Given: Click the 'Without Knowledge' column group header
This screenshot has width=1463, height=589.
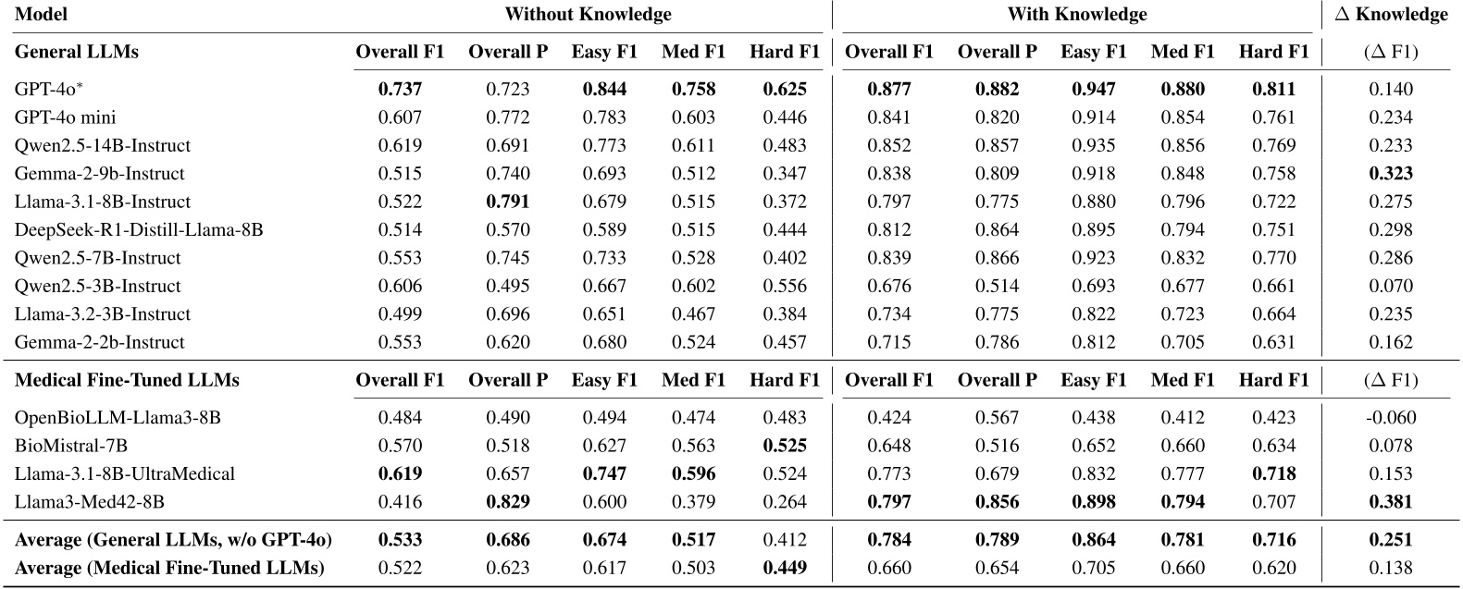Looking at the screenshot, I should tap(588, 14).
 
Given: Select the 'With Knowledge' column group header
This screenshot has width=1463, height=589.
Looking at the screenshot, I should tap(1077, 14).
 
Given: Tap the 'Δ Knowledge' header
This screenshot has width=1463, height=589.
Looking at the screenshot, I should tap(1391, 14).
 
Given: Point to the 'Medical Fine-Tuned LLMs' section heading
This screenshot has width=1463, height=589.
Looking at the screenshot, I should tap(128, 380).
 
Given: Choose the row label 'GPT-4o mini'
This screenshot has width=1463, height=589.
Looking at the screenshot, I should tap(65, 117).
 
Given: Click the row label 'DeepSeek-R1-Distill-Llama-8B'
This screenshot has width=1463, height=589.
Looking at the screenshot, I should tap(139, 229).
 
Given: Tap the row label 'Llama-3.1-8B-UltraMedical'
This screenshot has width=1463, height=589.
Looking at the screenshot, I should tap(125, 473).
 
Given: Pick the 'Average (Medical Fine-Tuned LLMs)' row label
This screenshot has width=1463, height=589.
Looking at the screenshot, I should tap(169, 568).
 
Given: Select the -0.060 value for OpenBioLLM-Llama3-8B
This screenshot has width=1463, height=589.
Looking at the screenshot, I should tap(1391, 418).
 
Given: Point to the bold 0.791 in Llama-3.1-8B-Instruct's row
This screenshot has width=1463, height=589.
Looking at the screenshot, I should tap(508, 202).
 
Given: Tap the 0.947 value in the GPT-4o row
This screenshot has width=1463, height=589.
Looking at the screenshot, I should tap(1094, 90).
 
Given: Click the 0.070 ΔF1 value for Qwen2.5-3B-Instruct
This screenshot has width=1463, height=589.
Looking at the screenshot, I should tap(1391, 286).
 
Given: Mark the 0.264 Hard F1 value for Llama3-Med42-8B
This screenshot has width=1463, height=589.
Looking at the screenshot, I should tap(785, 502).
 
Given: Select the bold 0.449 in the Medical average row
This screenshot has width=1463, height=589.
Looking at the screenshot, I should tap(785, 568).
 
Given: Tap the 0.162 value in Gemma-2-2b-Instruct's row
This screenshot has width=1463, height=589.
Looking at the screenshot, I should tap(1391, 342).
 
